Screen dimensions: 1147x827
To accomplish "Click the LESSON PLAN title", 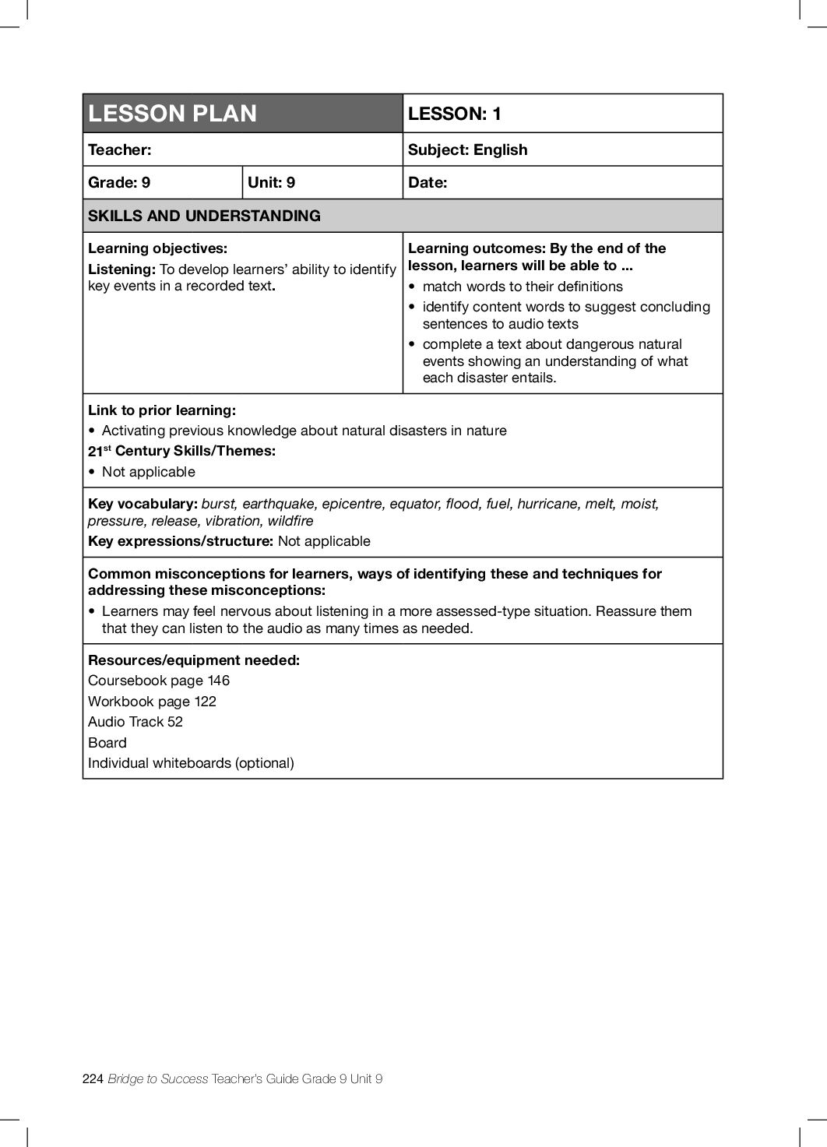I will pyautogui.click(x=172, y=114).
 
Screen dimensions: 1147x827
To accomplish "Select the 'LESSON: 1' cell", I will pyautogui.click(x=455, y=114).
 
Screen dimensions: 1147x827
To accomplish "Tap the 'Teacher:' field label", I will pyautogui.click(x=120, y=150).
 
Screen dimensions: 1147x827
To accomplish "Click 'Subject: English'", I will pyautogui.click(x=467, y=150).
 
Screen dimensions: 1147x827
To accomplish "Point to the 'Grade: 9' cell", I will pyautogui.click(x=119, y=182).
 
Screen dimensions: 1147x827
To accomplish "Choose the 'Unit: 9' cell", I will pyautogui.click(x=271, y=182).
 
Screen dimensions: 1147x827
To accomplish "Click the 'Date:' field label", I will pyautogui.click(x=428, y=182).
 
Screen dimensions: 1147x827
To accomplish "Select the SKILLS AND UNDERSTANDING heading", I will pyautogui.click(x=204, y=216).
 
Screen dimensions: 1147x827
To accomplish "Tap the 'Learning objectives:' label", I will pyautogui.click(x=157, y=248).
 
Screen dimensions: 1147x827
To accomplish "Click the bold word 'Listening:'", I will pyautogui.click(x=121, y=269).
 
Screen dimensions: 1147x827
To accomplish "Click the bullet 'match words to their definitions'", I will pyautogui.click(x=523, y=287).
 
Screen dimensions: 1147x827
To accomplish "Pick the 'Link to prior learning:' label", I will pyautogui.click(x=162, y=410).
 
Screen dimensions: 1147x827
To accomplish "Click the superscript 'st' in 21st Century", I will pyautogui.click(x=107, y=448).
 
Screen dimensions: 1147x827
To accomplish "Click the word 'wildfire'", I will pyautogui.click(x=290, y=521).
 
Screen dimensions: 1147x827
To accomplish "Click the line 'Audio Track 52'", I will pyautogui.click(x=135, y=722).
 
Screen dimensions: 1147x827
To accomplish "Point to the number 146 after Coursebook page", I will pyautogui.click(x=219, y=681).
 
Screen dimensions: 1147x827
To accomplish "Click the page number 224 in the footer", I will pyautogui.click(x=93, y=1078).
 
